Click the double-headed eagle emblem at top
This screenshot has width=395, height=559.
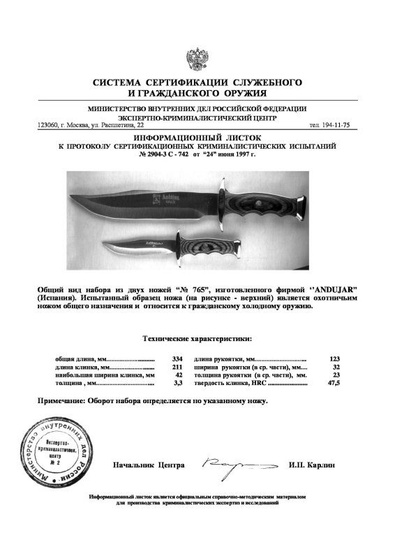[x=197, y=59]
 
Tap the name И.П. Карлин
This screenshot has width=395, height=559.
[x=311, y=465]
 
